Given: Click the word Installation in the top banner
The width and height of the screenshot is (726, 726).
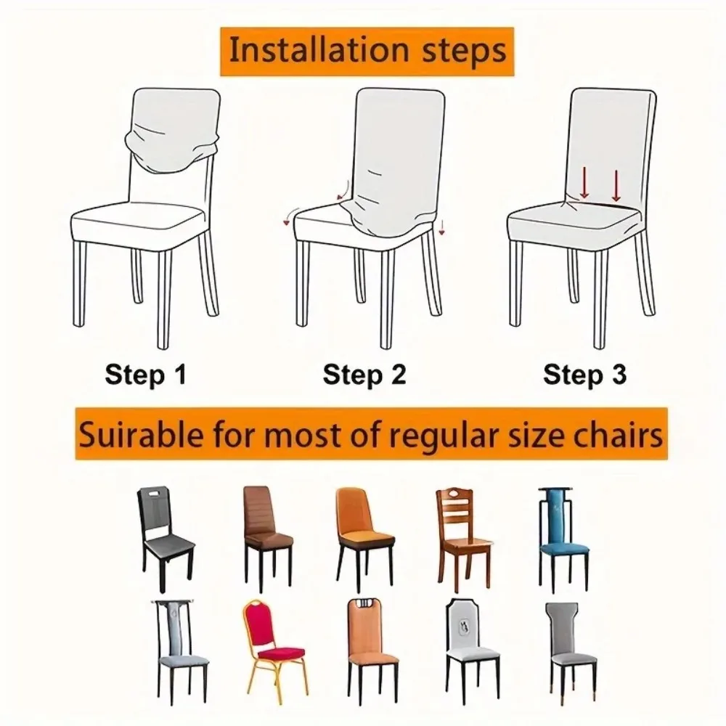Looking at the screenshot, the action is pyautogui.click(x=319, y=51).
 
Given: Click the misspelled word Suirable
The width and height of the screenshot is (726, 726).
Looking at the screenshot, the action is pyautogui.click(x=141, y=435).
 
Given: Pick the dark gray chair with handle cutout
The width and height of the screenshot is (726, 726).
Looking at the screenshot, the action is pyautogui.click(x=165, y=538).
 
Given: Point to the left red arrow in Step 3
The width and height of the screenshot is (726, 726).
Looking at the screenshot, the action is pyautogui.click(x=584, y=183).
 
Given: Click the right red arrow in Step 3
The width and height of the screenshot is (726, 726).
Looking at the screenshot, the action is pyautogui.click(x=616, y=186).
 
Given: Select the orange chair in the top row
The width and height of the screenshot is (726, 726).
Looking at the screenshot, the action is pyautogui.click(x=364, y=537).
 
